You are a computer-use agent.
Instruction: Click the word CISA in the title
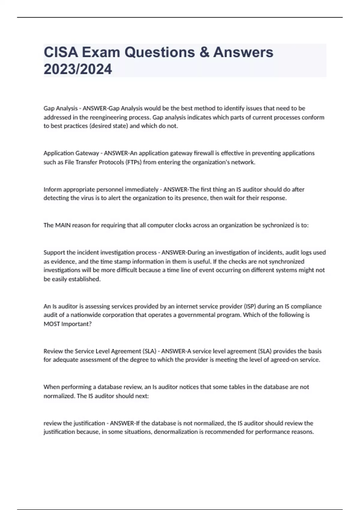(x=61, y=52)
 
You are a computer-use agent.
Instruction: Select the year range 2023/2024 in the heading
(x=78, y=69)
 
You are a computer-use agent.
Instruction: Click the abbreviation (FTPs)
(x=133, y=162)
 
